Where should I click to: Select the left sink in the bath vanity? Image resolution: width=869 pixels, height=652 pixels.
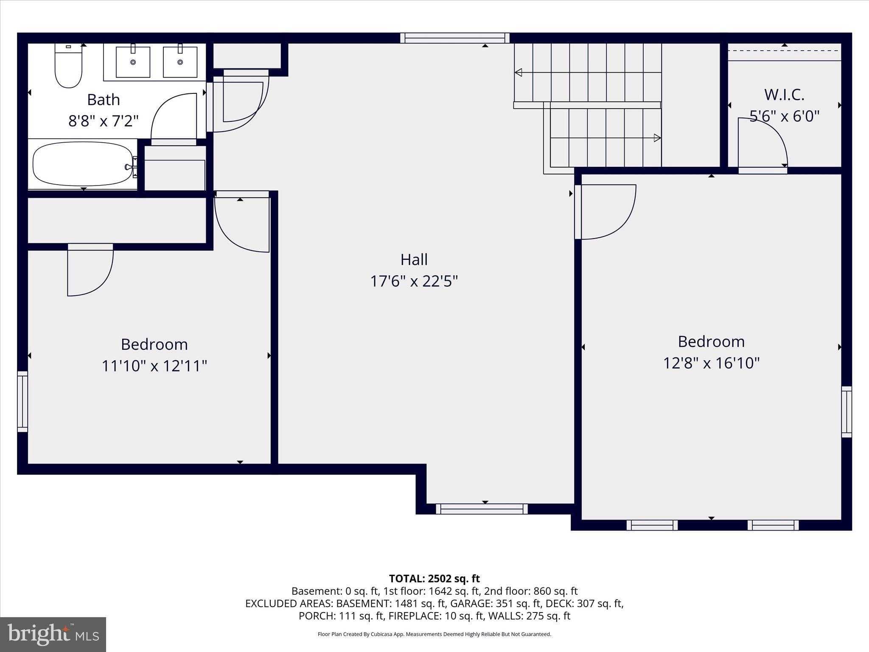pyautogui.click(x=133, y=62)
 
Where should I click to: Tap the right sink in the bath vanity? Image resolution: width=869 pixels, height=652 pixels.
pyautogui.click(x=180, y=62)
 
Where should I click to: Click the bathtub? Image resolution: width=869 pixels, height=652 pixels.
pyautogui.click(x=83, y=164)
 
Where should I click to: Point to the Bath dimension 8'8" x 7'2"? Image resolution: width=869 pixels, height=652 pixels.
pyautogui.click(x=104, y=121)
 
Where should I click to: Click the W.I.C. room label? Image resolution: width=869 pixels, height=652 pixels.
pyautogui.click(x=784, y=95)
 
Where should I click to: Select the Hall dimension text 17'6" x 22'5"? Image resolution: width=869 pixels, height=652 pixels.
pyautogui.click(x=414, y=281)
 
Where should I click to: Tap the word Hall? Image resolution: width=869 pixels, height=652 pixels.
pyautogui.click(x=414, y=259)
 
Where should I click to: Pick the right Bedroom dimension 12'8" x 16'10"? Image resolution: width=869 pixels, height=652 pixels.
pyautogui.click(x=711, y=363)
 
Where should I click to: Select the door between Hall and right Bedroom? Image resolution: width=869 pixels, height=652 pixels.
pyautogui.click(x=605, y=212)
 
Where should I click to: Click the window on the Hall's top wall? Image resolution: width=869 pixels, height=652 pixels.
pyautogui.click(x=454, y=38)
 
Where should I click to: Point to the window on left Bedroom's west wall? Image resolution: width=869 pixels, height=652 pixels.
pyautogui.click(x=22, y=402)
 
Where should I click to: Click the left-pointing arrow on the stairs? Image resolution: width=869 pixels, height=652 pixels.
pyautogui.click(x=518, y=73)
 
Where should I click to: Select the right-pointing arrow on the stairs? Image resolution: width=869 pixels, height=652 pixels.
pyautogui.click(x=657, y=138)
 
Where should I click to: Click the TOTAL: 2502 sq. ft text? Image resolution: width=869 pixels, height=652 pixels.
pyautogui.click(x=434, y=579)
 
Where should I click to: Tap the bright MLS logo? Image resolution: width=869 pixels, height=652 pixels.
pyautogui.click(x=53, y=634)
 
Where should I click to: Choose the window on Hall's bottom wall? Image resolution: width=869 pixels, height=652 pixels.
pyautogui.click(x=482, y=509)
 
